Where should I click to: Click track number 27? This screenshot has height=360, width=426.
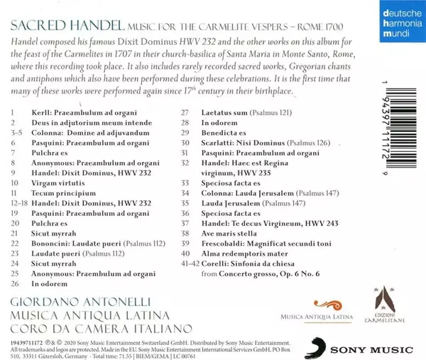coord(185,113)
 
